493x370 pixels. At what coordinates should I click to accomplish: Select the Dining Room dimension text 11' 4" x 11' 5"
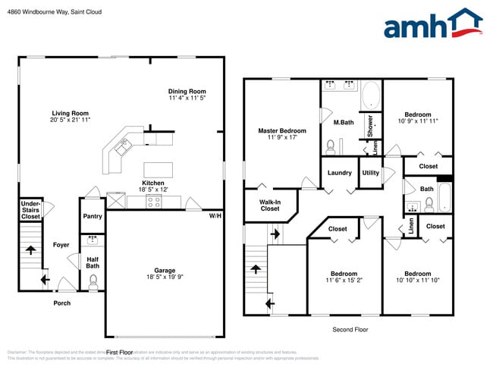(187, 98)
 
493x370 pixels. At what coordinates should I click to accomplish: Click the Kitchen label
(154, 183)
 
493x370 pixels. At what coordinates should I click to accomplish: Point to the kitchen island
(158, 169)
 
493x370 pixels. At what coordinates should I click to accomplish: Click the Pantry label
(93, 216)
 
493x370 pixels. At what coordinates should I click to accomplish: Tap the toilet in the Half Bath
(93, 281)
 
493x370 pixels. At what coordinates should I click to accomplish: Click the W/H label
(215, 216)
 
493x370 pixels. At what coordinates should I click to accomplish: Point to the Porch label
(61, 303)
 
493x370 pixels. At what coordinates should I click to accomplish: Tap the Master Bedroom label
(281, 130)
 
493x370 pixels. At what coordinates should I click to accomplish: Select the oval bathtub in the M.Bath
(371, 96)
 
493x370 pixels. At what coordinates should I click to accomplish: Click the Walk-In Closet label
(270, 205)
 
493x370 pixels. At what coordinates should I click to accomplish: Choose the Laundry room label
(339, 173)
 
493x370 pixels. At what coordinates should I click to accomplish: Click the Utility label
(370, 173)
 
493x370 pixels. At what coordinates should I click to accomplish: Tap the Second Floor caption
(350, 330)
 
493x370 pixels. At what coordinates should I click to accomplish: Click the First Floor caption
(119, 353)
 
